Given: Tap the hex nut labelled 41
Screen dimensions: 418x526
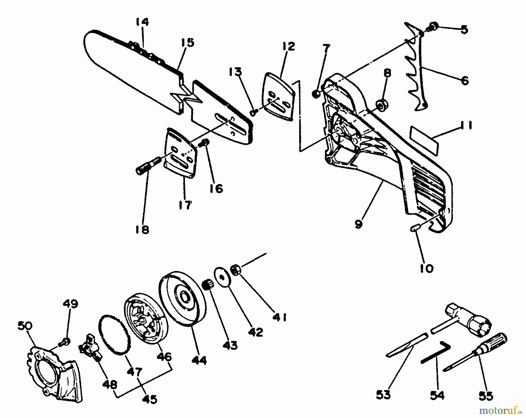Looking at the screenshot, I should (236, 270).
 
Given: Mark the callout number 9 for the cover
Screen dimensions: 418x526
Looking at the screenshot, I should (358, 224).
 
